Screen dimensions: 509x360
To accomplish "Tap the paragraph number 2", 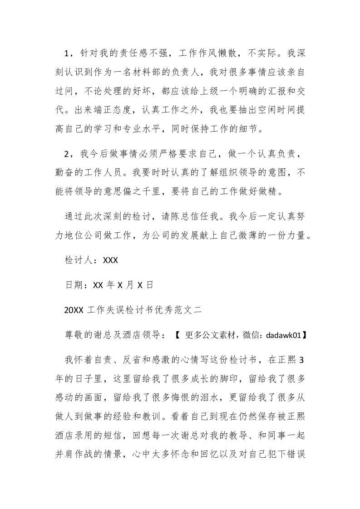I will [67, 155].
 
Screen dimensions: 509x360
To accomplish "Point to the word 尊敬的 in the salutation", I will [81, 335].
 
